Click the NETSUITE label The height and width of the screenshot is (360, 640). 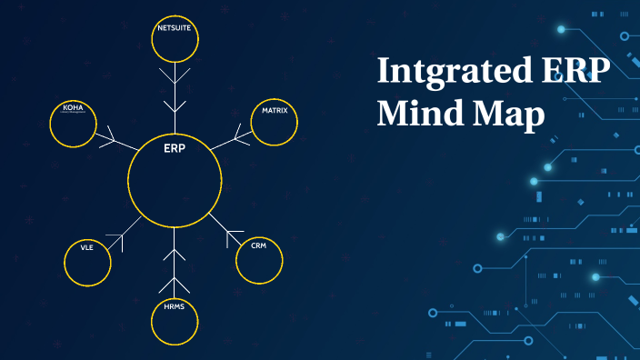[x=175, y=28]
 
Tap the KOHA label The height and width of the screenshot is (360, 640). [x=73, y=107]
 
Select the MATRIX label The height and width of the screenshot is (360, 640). [x=275, y=110]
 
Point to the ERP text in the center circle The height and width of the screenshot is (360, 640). [x=175, y=147]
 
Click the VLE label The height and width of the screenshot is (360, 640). [x=87, y=247]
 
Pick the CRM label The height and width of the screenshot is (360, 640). [x=259, y=245]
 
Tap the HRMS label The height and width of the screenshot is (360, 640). [x=175, y=308]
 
